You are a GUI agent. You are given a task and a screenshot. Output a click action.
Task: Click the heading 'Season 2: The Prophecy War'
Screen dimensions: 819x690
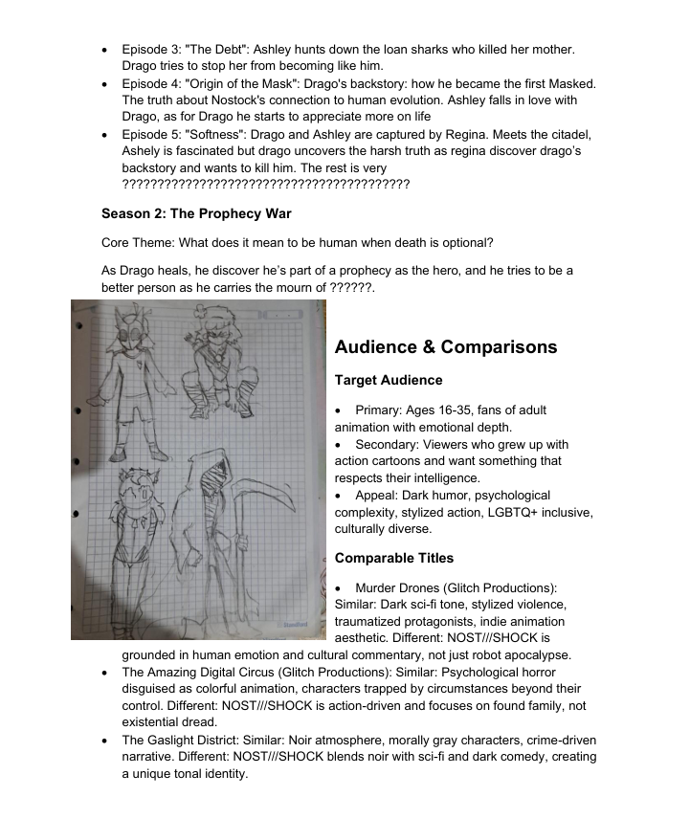click(x=196, y=213)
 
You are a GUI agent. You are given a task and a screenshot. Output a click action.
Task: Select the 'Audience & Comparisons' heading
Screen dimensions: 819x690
click(x=446, y=347)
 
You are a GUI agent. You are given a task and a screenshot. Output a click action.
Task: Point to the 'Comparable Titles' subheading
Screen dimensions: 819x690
click(x=394, y=558)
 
